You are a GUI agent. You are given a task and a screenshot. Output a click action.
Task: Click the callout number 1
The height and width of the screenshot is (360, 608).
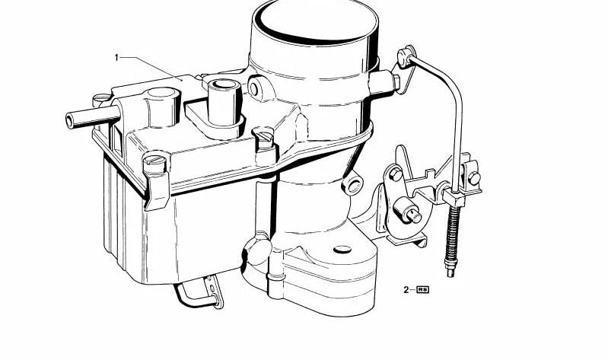pos(116,58)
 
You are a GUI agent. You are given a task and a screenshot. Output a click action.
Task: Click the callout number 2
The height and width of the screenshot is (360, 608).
pos(406,289)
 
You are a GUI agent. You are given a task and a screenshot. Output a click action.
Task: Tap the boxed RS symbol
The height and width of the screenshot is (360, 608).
pos(422,289)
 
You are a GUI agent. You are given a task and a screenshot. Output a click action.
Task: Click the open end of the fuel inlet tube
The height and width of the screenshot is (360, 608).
pos(70,121)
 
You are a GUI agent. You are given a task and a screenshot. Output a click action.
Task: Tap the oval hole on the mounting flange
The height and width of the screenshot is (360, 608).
pos(342,249)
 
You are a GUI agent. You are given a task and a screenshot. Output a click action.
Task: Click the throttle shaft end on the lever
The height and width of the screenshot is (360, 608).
pos(415,215)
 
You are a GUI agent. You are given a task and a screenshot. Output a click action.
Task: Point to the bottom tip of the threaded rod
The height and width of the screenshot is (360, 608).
pos(450,273)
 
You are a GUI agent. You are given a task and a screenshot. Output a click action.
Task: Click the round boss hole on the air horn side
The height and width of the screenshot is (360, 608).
pos(253,88)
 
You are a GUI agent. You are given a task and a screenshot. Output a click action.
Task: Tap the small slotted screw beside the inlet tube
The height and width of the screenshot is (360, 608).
pos(99,99)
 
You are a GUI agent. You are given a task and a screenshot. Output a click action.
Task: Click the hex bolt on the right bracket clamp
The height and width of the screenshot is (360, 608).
pos(474,178)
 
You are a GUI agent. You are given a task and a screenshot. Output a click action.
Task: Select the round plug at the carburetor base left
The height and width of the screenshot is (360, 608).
pos(256,251)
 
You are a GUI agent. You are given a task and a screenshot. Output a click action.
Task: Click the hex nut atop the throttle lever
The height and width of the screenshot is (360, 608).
pos(396,174)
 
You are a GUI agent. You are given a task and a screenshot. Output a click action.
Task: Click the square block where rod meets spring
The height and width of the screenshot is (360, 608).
pos(454,197)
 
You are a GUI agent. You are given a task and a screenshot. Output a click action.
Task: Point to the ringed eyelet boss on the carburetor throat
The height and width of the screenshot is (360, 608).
pos(353,185)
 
